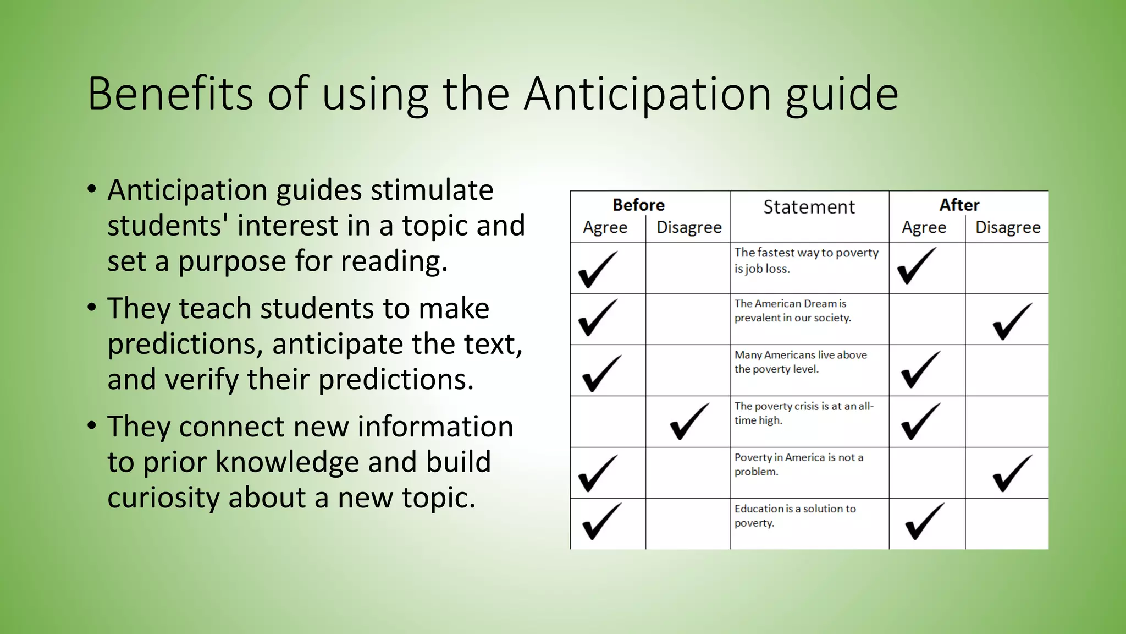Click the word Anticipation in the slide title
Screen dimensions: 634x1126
coord(647,94)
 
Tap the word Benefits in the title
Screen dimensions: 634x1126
coord(170,94)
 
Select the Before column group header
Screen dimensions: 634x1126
coord(638,205)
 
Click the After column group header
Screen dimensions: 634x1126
coord(959,205)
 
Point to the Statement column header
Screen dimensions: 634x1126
coord(809,207)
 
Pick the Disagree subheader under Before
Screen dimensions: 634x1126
coord(689,227)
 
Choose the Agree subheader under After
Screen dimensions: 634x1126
coord(924,227)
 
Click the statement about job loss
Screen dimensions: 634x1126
coord(806,260)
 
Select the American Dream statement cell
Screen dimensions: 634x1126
coord(792,310)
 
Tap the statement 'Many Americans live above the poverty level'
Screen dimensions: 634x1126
coord(800,362)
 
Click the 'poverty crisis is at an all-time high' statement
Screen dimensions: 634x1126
coord(803,413)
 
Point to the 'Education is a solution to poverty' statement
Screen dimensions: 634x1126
coord(794,515)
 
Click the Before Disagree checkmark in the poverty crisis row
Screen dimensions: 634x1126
coord(689,422)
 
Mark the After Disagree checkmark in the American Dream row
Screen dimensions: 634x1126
coord(1012,322)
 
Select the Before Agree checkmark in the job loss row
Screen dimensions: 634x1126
coord(598,270)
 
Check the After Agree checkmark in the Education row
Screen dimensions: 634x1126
coord(924,521)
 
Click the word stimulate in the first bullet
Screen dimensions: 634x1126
coord(432,190)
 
